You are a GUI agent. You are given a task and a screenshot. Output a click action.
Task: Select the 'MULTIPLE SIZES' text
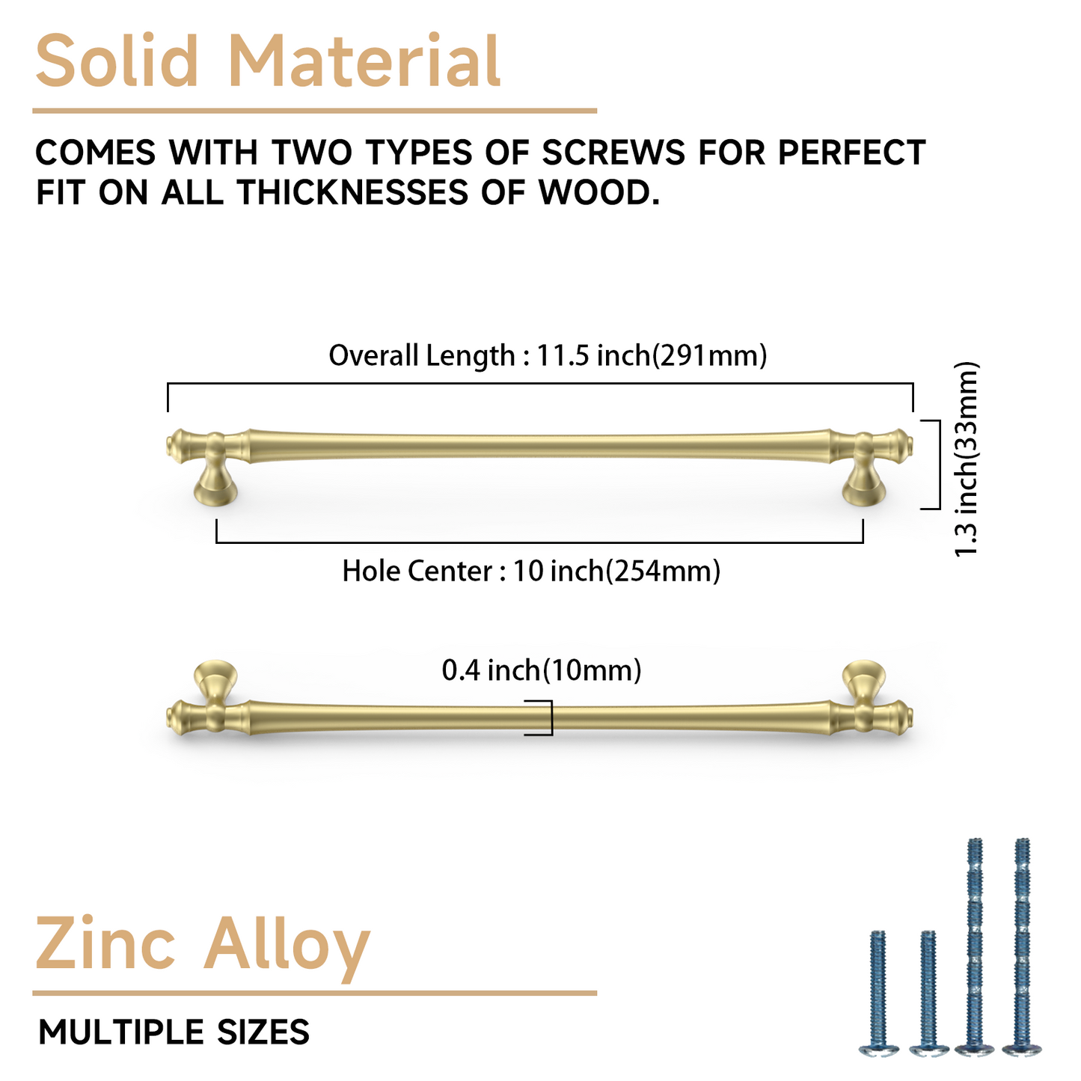174,1032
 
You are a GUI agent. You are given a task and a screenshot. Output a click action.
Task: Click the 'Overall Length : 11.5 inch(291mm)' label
548,355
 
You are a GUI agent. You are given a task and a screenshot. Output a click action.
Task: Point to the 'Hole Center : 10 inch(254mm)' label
531,572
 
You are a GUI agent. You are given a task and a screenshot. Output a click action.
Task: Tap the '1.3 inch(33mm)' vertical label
967,459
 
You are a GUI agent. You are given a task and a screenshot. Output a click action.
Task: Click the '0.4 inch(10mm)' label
542,670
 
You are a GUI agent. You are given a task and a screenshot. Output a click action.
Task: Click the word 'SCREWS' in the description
613,153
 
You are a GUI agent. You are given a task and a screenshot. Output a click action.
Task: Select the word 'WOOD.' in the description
599,193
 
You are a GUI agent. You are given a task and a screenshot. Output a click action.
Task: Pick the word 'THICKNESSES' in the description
352,193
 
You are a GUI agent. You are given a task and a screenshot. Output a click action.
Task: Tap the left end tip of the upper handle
171,447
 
